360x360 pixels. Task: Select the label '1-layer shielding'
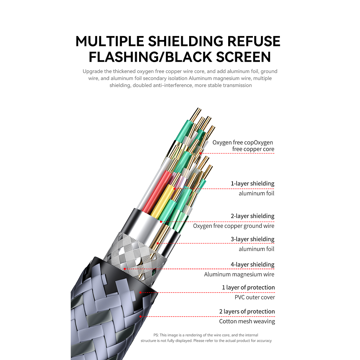[253, 184]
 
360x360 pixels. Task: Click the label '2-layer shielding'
[253, 216]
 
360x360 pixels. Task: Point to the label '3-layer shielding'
[253, 239]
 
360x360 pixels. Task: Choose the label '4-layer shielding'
[253, 265]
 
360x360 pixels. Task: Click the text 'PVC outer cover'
[255, 297]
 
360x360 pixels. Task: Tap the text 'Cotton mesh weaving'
[247, 321]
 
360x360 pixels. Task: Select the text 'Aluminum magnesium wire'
[239, 274]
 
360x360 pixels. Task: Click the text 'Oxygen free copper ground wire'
[234, 226]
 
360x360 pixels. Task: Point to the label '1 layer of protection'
[249, 288]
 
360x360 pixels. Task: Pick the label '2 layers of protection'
[247, 312]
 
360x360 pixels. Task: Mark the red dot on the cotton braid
[140, 316]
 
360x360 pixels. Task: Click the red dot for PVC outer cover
[140, 292]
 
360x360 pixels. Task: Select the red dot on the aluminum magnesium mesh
[124, 269]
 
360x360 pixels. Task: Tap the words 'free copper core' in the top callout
[253, 149]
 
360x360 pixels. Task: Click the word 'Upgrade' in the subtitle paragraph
[92, 71]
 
